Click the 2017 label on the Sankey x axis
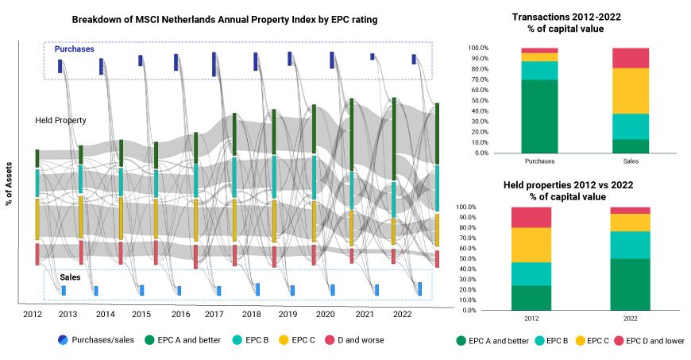[214, 314]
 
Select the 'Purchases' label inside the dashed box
[74, 49]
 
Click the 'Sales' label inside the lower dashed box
[70, 277]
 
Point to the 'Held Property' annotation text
[60, 120]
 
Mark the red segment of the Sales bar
[631, 58]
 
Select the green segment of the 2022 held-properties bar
[631, 284]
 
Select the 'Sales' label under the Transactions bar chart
[631, 161]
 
